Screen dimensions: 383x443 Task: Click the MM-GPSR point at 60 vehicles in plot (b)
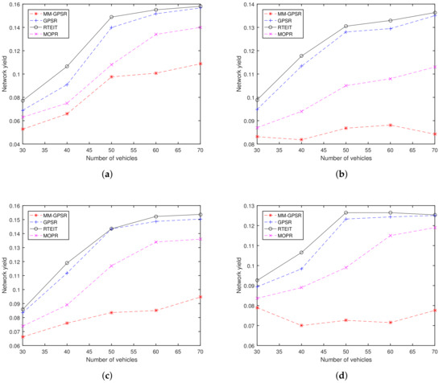tap(391, 125)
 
